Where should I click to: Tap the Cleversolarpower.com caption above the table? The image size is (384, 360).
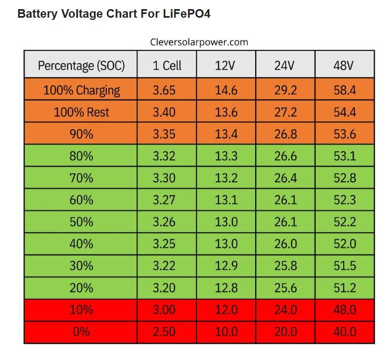pos(199,42)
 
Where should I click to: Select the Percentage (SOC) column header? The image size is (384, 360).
pos(81,66)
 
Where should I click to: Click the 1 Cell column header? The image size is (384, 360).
pos(167,65)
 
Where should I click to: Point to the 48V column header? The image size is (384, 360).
pos(343,65)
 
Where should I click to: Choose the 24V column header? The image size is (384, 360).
pos(284,65)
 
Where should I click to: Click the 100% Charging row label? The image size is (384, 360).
pos(82,91)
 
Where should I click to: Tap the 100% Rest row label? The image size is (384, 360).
pos(81,112)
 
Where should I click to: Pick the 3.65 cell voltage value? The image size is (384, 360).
pos(164,90)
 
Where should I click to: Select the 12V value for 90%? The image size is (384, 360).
pos(226,134)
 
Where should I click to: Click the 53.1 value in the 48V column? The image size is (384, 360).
pos(345,156)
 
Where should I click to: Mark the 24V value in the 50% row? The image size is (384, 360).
pos(285,222)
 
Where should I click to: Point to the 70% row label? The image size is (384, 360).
pos(81,178)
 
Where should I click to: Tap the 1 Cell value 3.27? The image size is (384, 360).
pos(164,200)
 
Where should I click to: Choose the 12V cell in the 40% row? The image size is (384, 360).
pos(226,244)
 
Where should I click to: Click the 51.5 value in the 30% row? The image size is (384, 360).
pos(345,266)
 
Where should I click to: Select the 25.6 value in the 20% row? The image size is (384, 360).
pos(285,288)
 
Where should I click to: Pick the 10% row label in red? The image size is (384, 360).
pos(81,310)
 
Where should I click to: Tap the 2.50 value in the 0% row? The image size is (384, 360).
pos(164,332)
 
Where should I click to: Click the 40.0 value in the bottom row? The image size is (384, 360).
pos(345,332)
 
